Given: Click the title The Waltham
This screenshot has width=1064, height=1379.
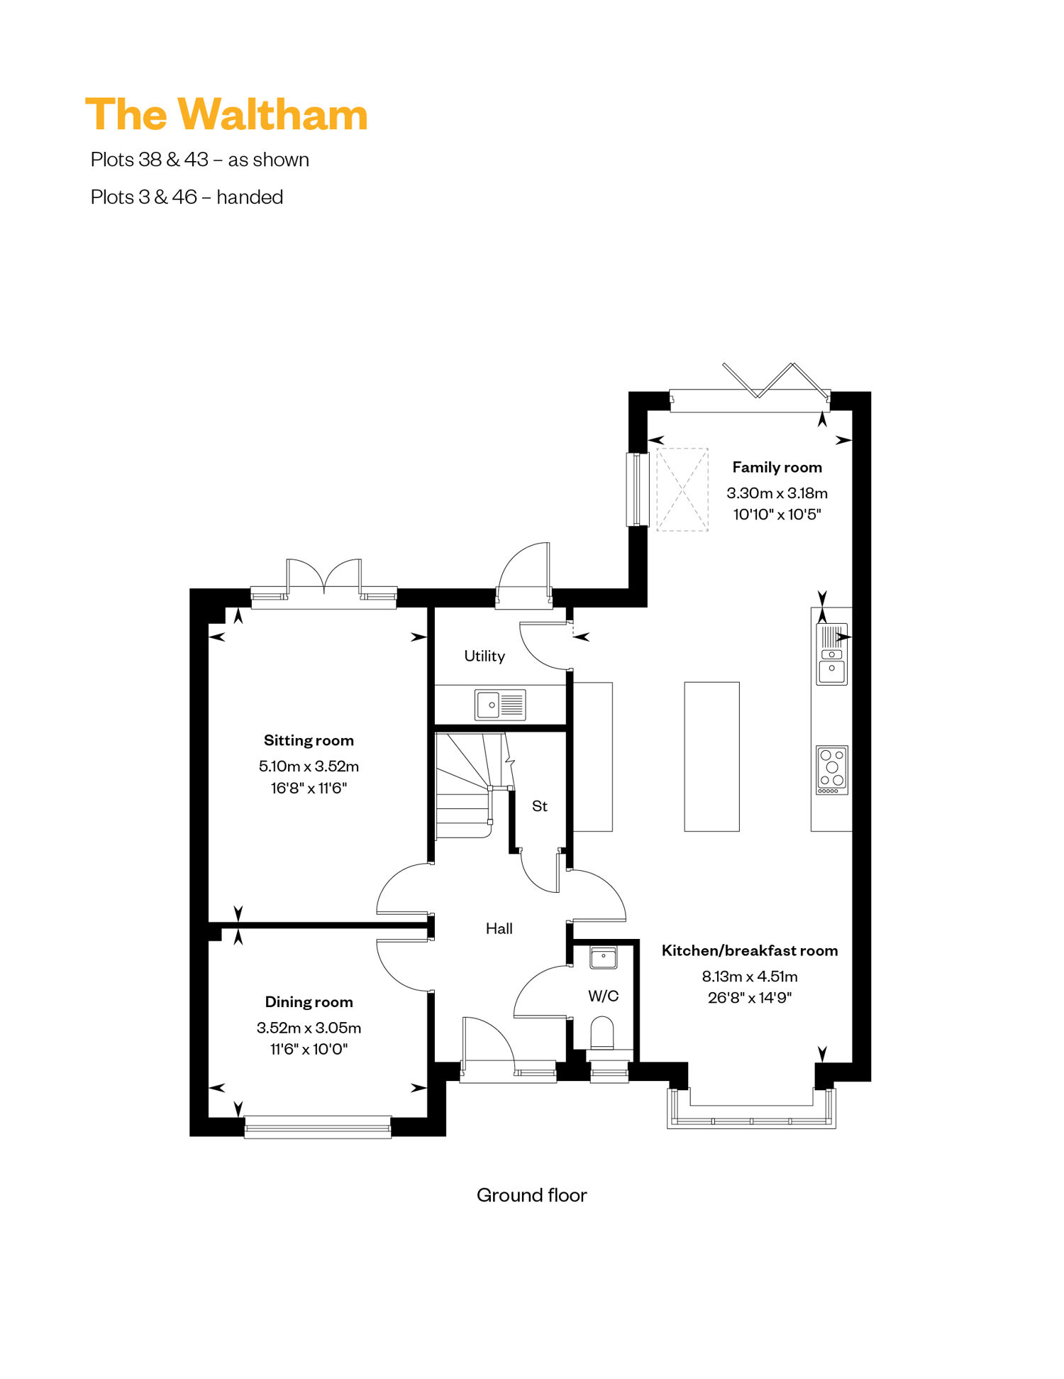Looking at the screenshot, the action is [226, 115].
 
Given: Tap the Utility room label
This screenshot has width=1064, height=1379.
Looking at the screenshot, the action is [484, 656].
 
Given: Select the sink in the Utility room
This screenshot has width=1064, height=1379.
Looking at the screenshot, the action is [500, 705].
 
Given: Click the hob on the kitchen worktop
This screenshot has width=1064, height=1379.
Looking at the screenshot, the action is [832, 770].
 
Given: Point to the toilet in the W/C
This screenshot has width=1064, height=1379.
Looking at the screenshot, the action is [602, 1033].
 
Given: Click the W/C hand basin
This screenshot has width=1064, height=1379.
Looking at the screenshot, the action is [604, 957].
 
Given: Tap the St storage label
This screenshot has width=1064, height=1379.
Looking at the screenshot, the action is [540, 806].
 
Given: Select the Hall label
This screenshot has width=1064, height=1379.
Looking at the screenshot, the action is [499, 928].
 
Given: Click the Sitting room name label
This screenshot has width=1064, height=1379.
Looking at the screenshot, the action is [309, 740].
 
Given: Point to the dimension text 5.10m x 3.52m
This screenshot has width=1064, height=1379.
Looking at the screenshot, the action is [309, 767].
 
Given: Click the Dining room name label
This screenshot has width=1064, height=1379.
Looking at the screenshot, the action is [309, 1002].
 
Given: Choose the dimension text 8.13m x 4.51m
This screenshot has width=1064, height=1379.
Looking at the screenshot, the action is [750, 977].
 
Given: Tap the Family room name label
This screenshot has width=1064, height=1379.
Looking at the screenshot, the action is [777, 467].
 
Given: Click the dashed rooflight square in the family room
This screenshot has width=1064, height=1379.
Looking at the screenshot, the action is [682, 489].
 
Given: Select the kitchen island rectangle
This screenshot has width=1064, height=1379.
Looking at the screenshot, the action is [711, 757].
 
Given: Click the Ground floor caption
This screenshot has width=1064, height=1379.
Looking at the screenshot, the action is [532, 1195].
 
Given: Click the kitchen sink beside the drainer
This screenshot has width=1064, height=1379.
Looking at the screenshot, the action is [832, 671].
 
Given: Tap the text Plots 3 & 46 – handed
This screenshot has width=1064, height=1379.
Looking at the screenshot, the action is [187, 197].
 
